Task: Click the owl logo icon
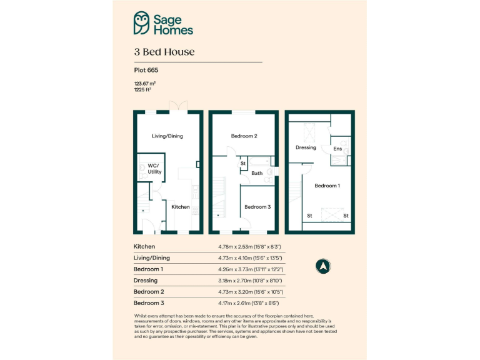142,23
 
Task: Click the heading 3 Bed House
164,52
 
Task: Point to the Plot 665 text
146,70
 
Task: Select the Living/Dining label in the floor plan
167,136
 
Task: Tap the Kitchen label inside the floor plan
181,207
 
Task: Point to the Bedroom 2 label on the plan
244,136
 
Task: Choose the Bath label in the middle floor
257,173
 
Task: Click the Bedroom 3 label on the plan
257,207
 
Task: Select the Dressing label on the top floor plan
306,147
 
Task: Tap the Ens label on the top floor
337,149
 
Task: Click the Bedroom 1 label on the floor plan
327,186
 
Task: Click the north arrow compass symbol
322,266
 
